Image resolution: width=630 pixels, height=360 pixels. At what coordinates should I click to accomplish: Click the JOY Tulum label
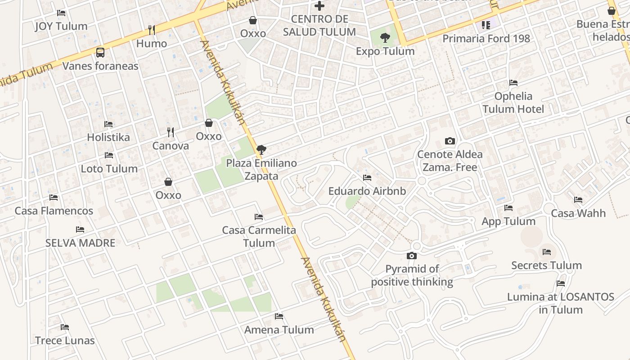point(61,26)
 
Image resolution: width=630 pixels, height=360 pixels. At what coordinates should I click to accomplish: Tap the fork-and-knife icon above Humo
point(152,30)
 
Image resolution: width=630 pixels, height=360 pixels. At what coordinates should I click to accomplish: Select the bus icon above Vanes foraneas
point(100,52)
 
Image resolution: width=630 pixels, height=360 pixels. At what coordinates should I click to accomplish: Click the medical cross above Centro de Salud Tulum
point(319,6)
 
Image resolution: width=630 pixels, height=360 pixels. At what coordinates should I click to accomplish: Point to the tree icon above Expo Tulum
point(385,38)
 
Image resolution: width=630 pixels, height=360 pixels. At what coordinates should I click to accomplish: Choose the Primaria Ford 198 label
point(486,39)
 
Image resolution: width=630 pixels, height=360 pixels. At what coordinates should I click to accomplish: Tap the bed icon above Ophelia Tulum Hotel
point(513,83)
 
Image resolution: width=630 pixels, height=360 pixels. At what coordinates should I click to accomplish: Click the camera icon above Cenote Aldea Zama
point(450,141)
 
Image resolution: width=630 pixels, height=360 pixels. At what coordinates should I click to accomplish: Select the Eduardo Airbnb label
point(367,191)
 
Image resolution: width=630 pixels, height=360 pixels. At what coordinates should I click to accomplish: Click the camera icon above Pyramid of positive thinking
point(412,256)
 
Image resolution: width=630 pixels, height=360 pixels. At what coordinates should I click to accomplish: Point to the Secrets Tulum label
point(546,265)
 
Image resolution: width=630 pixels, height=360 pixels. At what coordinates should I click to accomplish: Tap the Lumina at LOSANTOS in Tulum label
point(561,303)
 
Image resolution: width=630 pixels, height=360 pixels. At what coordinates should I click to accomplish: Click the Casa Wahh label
point(578,213)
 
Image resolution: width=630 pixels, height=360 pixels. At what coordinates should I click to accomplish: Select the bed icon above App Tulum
point(508,208)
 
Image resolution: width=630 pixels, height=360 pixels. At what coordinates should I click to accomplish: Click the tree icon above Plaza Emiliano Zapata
point(261,150)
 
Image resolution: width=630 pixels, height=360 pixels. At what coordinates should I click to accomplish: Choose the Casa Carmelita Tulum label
point(259,237)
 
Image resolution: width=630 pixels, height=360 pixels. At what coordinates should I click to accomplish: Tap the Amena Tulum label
point(279,330)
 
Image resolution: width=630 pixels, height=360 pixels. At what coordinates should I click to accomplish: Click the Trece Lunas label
point(65,341)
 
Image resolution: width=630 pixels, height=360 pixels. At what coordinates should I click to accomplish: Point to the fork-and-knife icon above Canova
point(171,132)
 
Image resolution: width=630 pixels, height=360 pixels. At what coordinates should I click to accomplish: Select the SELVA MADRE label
point(80,243)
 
